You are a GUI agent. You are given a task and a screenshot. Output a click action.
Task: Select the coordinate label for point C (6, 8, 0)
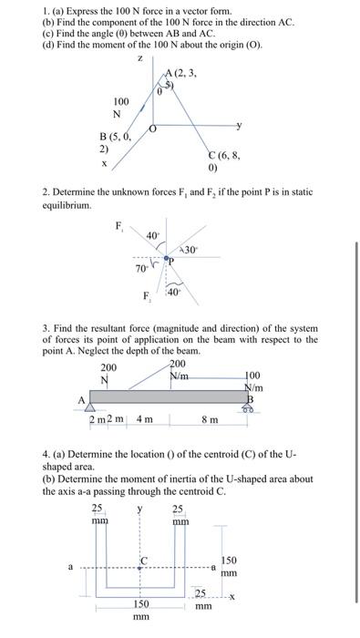tap(225, 161)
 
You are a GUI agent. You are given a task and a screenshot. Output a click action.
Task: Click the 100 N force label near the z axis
tap(120, 107)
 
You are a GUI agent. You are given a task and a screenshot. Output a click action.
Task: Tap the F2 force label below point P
tap(146, 296)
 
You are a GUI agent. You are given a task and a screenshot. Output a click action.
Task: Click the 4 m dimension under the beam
tap(144, 419)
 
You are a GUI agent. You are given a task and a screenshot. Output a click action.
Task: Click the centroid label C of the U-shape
tap(142, 559)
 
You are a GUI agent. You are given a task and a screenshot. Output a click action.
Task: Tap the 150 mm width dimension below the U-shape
tap(141, 610)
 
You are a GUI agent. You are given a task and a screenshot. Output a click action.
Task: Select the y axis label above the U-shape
tap(139, 509)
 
